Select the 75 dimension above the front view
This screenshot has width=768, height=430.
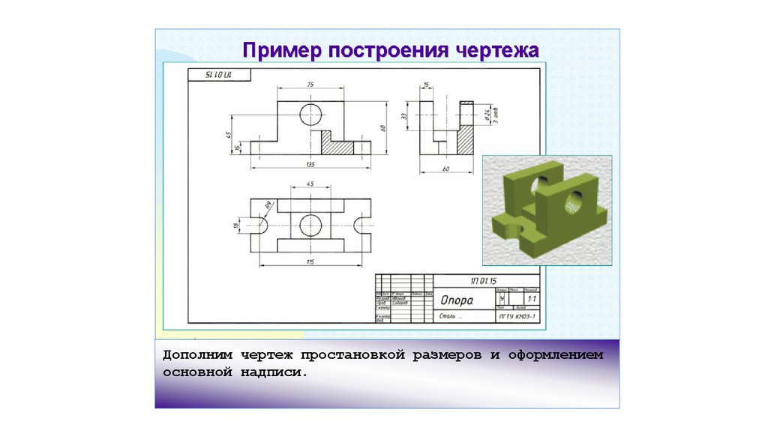310,84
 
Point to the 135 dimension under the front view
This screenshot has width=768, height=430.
310,163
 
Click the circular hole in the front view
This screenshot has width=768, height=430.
310,115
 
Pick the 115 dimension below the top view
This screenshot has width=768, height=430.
310,261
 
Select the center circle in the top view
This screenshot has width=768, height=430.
310,225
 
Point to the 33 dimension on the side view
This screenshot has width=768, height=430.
404,115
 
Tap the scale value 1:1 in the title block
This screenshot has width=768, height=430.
531,299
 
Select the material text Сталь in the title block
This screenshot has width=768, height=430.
447,317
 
